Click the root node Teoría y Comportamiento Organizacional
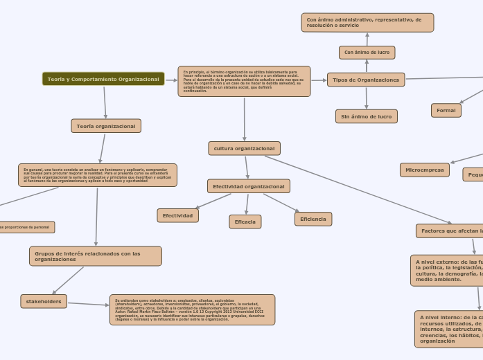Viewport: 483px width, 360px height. tap(103, 79)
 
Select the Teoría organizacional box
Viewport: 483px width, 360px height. tap(106, 126)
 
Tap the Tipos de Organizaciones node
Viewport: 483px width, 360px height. tap(366, 80)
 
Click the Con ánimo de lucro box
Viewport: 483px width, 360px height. tap(367, 53)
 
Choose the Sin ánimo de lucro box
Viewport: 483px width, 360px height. tap(367, 116)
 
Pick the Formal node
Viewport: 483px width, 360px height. tap(446, 110)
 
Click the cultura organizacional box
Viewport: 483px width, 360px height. tap(244, 148)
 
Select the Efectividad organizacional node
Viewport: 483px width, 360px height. tap(248, 186)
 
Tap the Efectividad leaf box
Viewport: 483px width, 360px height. tap(178, 215)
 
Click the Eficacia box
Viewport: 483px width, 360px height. tap(245, 222)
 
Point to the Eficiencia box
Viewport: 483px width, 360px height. tap(313, 219)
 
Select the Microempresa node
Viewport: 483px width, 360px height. tap(425, 170)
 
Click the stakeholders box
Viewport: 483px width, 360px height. tap(44, 301)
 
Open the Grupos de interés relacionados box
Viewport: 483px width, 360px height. tap(96, 256)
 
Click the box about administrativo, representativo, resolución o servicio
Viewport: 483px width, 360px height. tap(367, 23)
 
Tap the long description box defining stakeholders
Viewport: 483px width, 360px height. tap(192, 309)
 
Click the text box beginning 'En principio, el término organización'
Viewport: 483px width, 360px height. tap(244, 81)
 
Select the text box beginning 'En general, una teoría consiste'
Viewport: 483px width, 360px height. tap(98, 175)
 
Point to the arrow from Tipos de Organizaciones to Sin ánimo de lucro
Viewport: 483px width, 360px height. tap(367, 98)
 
